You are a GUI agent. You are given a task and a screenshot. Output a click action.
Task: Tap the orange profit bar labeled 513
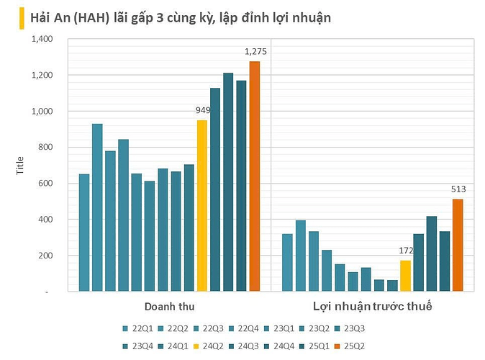[458, 246]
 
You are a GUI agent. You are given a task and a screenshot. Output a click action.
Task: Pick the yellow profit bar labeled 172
[405, 276]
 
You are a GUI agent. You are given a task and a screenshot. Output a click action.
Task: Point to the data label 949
[204, 110]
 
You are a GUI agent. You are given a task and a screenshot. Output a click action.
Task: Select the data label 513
[458, 189]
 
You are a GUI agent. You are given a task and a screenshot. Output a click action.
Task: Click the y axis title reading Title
[20, 167]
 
